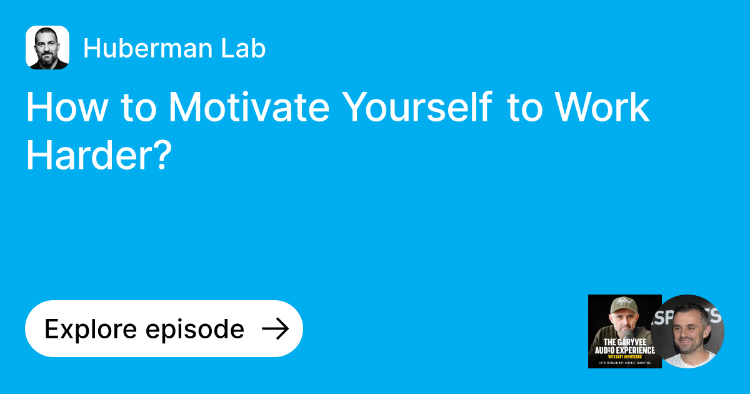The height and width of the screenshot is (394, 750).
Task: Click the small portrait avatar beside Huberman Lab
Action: click(47, 48)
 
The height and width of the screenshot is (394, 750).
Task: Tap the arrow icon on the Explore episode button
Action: click(274, 329)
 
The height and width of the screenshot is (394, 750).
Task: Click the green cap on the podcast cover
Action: click(624, 305)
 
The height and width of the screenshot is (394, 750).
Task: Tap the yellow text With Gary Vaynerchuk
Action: click(625, 356)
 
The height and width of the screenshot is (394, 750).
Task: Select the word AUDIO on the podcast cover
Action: click(605, 350)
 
